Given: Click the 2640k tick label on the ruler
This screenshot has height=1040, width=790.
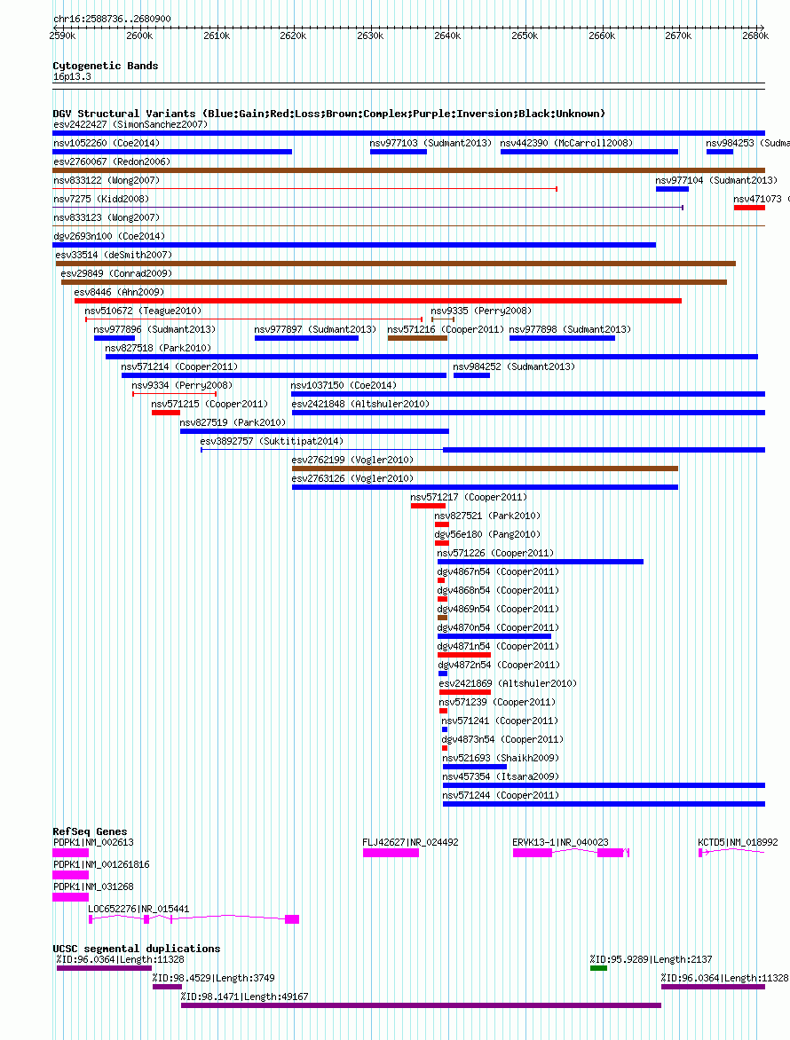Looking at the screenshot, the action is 447,35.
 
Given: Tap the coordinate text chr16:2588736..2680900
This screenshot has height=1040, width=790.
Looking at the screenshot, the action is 112,19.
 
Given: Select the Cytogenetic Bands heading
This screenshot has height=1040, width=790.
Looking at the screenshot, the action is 106,66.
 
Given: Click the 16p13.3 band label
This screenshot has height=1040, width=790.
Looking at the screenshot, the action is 72,77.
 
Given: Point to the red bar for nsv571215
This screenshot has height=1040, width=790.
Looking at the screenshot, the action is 166,413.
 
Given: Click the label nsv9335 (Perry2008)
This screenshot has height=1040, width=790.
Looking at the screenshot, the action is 481,311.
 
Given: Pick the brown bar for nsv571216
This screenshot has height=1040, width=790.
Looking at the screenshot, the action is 417,338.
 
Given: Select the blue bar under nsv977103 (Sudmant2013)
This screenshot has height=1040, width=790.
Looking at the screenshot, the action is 398,152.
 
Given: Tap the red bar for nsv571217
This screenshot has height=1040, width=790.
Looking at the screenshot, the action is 428,506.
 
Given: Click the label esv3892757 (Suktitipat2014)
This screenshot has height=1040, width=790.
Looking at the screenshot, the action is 272,441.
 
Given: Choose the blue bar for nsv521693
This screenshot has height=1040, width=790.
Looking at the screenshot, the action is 474,767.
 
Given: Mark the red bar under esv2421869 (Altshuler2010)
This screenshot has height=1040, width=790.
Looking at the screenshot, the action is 464,692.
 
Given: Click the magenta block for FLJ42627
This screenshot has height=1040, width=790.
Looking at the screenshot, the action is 391,852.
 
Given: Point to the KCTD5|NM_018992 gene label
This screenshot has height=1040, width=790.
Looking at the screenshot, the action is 738,842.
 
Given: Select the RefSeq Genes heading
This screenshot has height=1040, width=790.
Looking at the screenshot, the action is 90,831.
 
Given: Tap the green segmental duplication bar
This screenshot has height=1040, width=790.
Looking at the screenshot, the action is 598,968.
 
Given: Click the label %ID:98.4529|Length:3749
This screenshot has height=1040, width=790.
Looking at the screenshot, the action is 214,978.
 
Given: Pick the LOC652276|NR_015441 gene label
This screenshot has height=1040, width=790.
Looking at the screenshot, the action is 138,909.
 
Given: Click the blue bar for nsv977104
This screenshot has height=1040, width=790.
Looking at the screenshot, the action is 672,189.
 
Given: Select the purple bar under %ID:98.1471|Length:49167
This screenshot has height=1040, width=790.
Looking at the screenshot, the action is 422,1005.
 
